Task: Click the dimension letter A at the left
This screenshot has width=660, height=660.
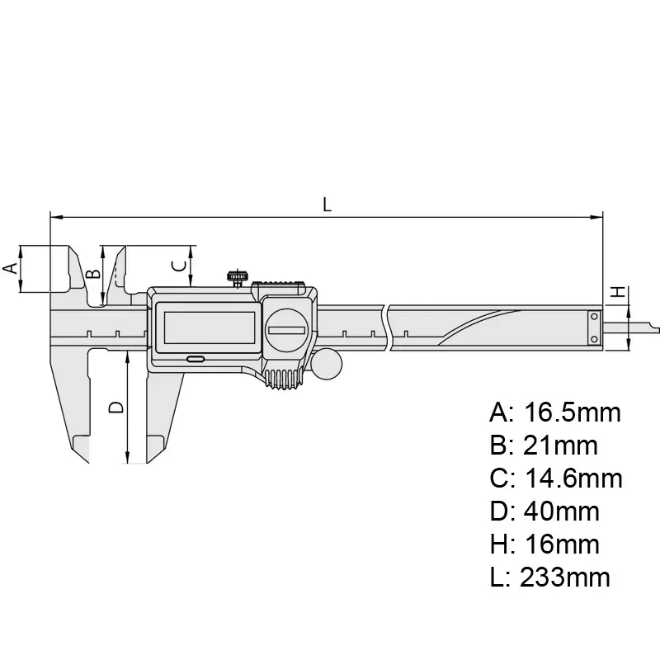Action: coord(10,268)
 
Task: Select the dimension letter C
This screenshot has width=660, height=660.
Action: coord(177,265)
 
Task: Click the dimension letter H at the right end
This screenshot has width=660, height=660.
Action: coord(615,293)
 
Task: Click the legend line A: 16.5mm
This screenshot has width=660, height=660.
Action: coord(554,412)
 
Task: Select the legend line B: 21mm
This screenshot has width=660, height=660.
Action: coord(543,445)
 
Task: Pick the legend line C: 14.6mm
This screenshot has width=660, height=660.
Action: coord(555,478)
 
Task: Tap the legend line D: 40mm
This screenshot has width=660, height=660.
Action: coord(544,511)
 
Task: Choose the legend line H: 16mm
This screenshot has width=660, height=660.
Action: coord(544,544)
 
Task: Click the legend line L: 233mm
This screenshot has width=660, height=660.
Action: coord(549,577)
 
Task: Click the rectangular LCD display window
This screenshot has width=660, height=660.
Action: coord(205,328)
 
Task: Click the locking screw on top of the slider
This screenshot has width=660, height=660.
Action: coord(239,276)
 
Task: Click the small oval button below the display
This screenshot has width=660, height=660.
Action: coord(196,360)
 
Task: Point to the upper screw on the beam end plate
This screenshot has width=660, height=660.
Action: coord(593,318)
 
